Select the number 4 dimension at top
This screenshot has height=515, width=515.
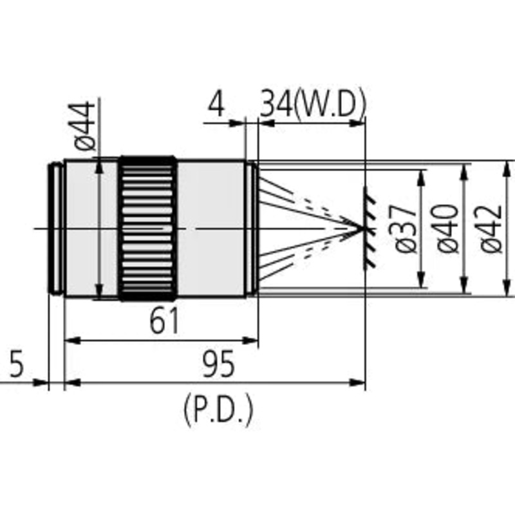[217, 104]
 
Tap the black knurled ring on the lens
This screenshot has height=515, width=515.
[147, 229]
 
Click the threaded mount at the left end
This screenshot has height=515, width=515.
[57, 229]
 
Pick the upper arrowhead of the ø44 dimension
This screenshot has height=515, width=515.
[98, 166]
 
